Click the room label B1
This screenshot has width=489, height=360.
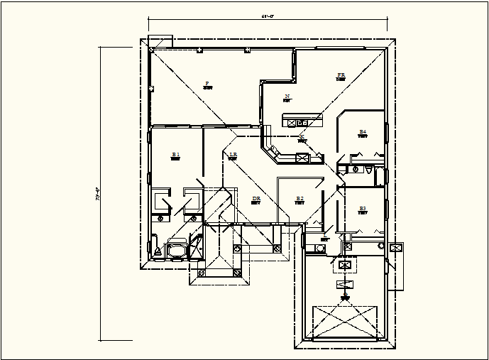tap(175, 154)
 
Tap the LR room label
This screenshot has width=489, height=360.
tap(233, 154)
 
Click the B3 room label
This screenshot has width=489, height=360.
tap(363, 208)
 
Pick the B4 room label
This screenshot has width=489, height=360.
tap(362, 131)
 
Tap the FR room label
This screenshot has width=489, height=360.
tap(341, 75)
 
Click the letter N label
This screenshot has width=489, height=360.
tap(287, 96)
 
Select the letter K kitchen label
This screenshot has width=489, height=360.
tap(302, 136)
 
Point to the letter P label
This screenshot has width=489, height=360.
tap(207, 83)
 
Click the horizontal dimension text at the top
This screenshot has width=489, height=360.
tap(268, 16)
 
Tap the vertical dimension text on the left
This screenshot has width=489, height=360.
tap(97, 192)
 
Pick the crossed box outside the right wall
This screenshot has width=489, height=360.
tap(397, 248)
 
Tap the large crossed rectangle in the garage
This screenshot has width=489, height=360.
tap(346, 322)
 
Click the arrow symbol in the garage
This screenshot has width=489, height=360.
tap(346, 286)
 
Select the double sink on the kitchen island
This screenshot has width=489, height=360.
tap(292, 122)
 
